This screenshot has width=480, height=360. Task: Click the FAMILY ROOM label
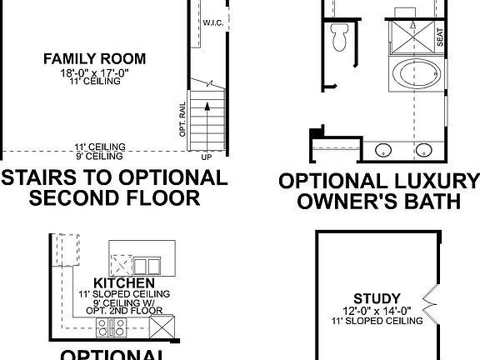[94, 58]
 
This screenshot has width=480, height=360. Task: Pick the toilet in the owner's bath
[338, 36]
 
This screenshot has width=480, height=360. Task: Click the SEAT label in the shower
[440, 37]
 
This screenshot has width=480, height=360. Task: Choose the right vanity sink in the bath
[425, 151]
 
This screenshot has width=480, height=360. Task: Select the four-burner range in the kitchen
[110, 325]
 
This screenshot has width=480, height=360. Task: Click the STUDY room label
[377, 297]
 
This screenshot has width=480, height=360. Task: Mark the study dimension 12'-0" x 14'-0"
[377, 310]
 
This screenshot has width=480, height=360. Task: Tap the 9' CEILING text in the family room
[98, 156]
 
